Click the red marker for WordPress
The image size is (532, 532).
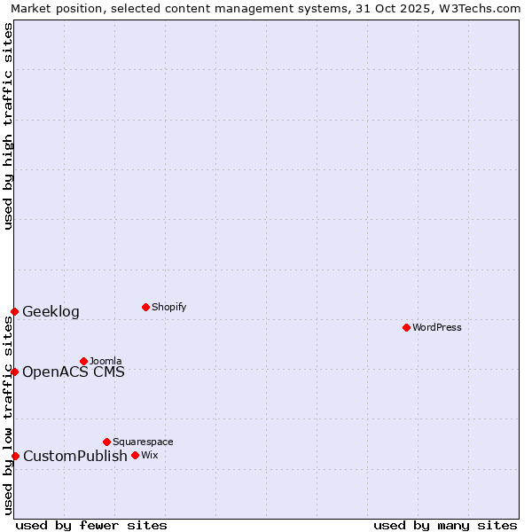(x=406, y=327)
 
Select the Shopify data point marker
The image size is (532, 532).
(x=145, y=307)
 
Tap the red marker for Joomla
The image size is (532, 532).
(x=83, y=361)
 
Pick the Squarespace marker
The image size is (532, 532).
(x=106, y=442)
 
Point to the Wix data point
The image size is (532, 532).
(x=135, y=455)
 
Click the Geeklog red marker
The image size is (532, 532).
(x=14, y=311)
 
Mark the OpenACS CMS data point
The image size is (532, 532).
(x=14, y=372)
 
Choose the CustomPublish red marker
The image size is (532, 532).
(x=15, y=456)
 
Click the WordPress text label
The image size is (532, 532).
(x=437, y=327)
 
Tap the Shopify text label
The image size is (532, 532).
(x=168, y=307)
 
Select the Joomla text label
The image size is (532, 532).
(x=106, y=361)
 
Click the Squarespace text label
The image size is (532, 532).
(x=143, y=442)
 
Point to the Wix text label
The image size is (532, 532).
(x=149, y=455)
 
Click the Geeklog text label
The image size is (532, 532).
(x=51, y=311)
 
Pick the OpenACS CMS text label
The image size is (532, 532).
(x=74, y=372)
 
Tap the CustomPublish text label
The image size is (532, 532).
(x=75, y=456)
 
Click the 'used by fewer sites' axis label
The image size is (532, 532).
(x=91, y=525)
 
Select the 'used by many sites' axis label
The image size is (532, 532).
(x=445, y=525)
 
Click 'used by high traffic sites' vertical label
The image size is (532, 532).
(x=9, y=126)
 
